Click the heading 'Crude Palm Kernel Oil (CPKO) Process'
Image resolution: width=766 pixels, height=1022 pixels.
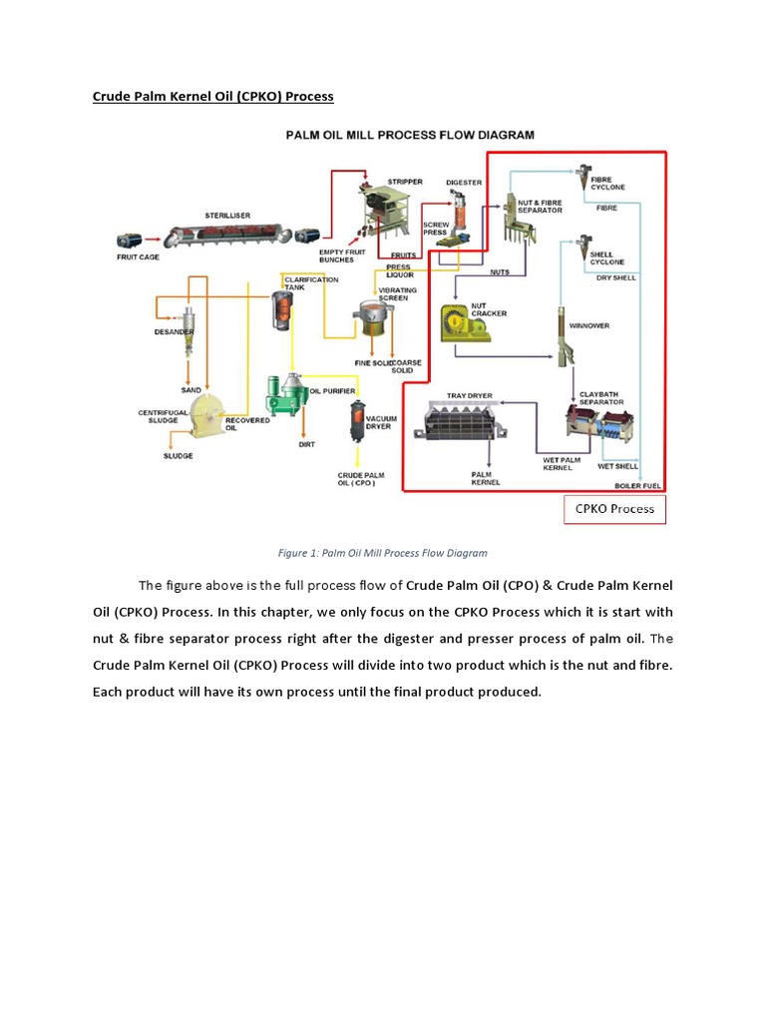pos(212,97)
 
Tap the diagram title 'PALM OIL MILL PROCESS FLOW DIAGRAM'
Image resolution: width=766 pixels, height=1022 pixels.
pos(410,135)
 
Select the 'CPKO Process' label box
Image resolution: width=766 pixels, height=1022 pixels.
pos(614,508)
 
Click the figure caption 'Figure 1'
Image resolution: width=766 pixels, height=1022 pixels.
pos(382,552)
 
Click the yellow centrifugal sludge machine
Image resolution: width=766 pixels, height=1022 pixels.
pos(208,413)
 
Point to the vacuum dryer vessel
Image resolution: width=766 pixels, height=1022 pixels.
pos(355,423)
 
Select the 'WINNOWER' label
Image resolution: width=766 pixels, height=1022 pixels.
pos(589,325)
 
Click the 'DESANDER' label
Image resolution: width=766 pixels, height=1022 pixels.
pos(174,331)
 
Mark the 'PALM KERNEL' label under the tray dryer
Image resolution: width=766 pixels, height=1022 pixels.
pos(486,478)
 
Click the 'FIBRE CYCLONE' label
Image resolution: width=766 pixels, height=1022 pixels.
pos(608,183)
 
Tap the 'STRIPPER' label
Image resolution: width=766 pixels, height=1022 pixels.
pos(405,182)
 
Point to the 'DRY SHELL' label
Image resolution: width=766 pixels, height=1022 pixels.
pos(615,277)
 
